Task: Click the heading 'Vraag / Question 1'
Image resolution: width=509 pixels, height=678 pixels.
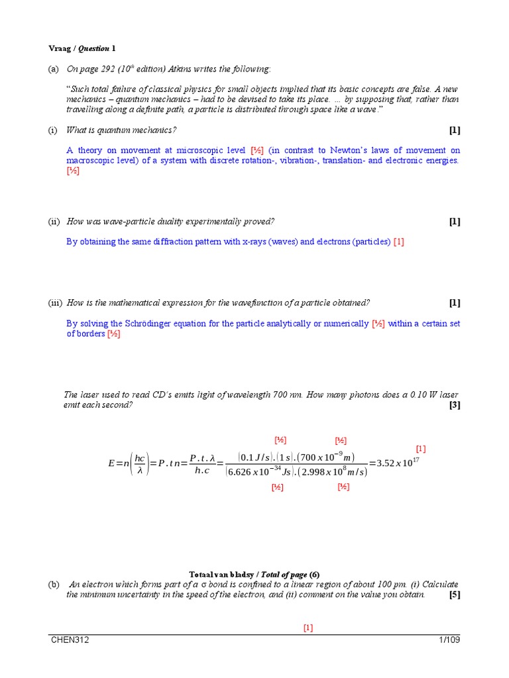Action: tap(82, 48)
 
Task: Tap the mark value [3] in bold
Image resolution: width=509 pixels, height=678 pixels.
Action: tap(454, 405)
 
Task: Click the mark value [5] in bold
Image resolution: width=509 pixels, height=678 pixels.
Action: tap(454, 595)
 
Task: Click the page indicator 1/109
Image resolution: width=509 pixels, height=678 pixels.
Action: tap(449, 640)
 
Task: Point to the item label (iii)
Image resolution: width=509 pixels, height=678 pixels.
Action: tap(55, 303)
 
